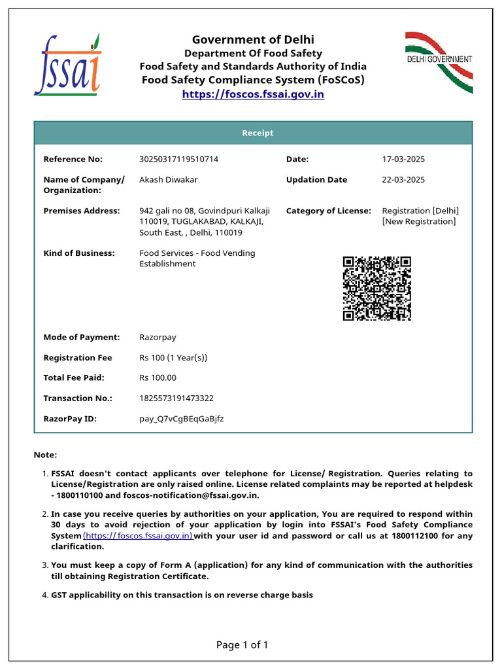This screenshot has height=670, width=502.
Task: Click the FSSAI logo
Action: pos(67,65)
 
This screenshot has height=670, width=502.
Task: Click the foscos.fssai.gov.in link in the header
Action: pos(253,94)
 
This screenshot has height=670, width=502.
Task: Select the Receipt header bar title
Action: pos(258,133)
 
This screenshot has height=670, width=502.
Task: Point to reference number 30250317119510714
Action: pos(178,159)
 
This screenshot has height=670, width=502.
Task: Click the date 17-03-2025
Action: pos(403,159)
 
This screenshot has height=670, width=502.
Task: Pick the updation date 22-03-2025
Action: pos(403,180)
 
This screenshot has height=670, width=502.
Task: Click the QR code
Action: pos(377,289)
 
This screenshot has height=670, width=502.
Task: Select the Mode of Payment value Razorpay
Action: pos(158,338)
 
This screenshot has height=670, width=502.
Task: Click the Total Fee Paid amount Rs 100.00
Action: pos(158,378)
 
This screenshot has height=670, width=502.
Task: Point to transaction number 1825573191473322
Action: pos(176,398)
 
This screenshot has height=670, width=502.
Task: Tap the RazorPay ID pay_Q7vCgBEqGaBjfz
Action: pos(181,418)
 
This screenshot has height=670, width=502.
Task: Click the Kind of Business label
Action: pos(78,253)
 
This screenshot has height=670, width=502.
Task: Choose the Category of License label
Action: pos(328,211)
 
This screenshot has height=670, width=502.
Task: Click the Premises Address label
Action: pos(82,211)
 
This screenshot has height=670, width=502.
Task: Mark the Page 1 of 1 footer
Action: pos(242,645)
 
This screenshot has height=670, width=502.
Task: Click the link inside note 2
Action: pos(138,536)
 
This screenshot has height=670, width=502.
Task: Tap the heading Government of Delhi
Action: pos(253,40)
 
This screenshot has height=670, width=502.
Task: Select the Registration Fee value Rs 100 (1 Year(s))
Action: pos(173,358)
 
